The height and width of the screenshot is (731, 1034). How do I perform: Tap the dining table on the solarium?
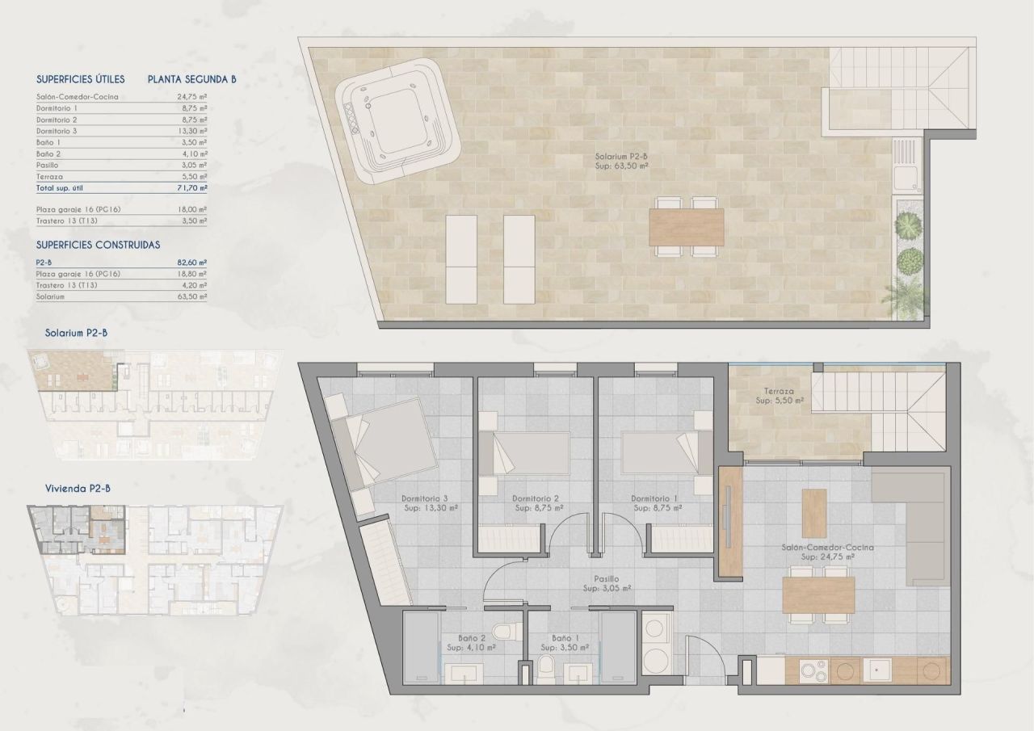coord(687,227)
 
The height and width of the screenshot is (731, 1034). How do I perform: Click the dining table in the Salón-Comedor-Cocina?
coord(818,596)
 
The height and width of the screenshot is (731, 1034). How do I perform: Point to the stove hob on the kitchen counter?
coord(810,670)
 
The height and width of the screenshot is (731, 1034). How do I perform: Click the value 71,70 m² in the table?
coord(192,187)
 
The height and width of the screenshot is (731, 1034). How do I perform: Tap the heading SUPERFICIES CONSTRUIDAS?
coord(98,244)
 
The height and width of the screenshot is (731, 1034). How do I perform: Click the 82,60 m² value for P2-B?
coord(192,263)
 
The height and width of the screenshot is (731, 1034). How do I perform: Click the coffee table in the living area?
coord(813,513)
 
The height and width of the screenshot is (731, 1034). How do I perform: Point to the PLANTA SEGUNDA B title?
coord(191,79)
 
